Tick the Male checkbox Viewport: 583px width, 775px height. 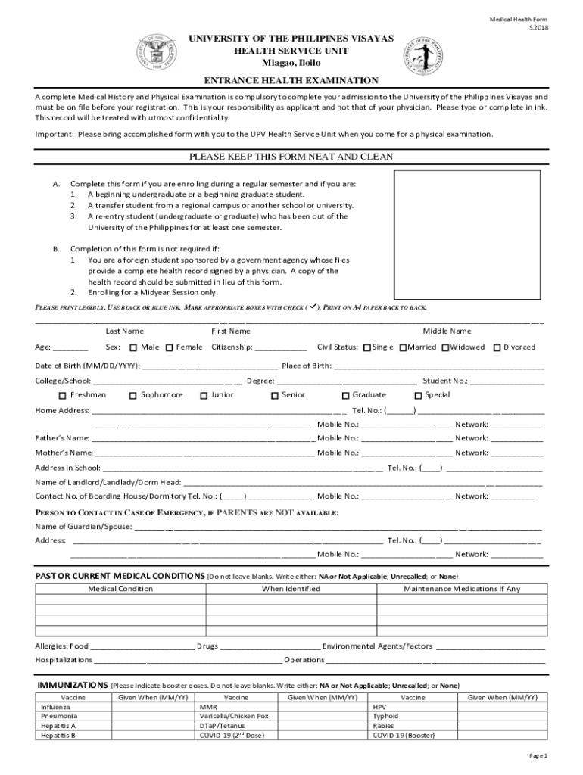click(132, 348)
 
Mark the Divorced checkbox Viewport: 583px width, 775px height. click(497, 348)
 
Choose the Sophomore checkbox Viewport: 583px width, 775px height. click(132, 396)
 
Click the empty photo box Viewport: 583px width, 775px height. click(468, 235)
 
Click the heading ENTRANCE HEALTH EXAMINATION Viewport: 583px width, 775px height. click(291, 80)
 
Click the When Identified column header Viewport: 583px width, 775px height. click(291, 589)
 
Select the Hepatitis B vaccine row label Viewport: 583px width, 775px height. click(58, 735)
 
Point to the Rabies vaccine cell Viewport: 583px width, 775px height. click(384, 725)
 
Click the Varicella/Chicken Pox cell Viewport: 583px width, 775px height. click(234, 715)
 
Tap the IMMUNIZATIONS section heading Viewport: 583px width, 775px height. click(73, 684)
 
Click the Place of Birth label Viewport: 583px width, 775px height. click(307, 366)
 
